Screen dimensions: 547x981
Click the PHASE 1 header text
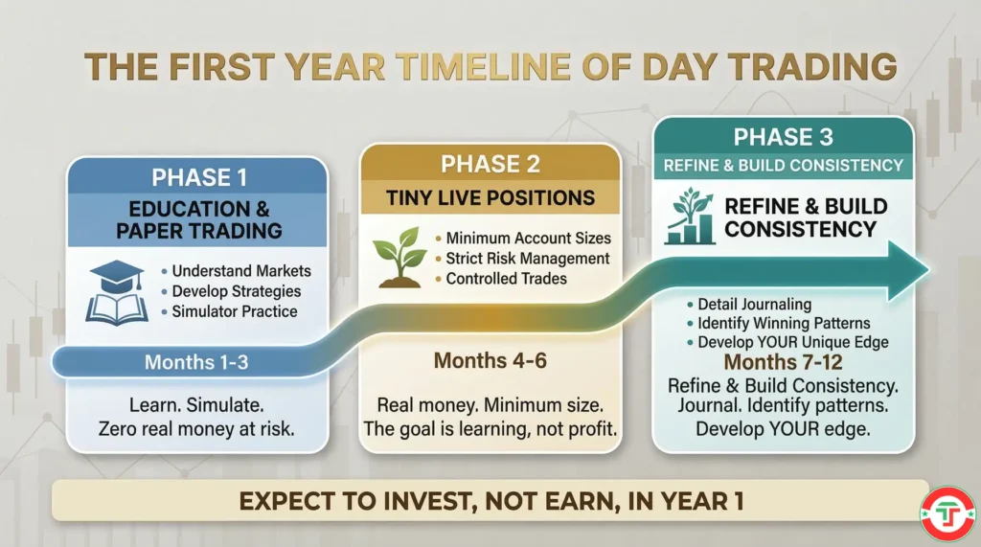(x=196, y=178)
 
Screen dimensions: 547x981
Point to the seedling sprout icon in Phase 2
(x=400, y=255)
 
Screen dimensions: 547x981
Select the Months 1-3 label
(x=195, y=362)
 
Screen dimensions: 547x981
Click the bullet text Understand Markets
(x=241, y=271)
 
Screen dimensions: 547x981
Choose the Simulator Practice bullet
(x=235, y=311)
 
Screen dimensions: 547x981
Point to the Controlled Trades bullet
(x=507, y=279)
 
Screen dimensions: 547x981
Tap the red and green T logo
(x=947, y=514)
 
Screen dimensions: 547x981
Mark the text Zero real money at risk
(x=196, y=429)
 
